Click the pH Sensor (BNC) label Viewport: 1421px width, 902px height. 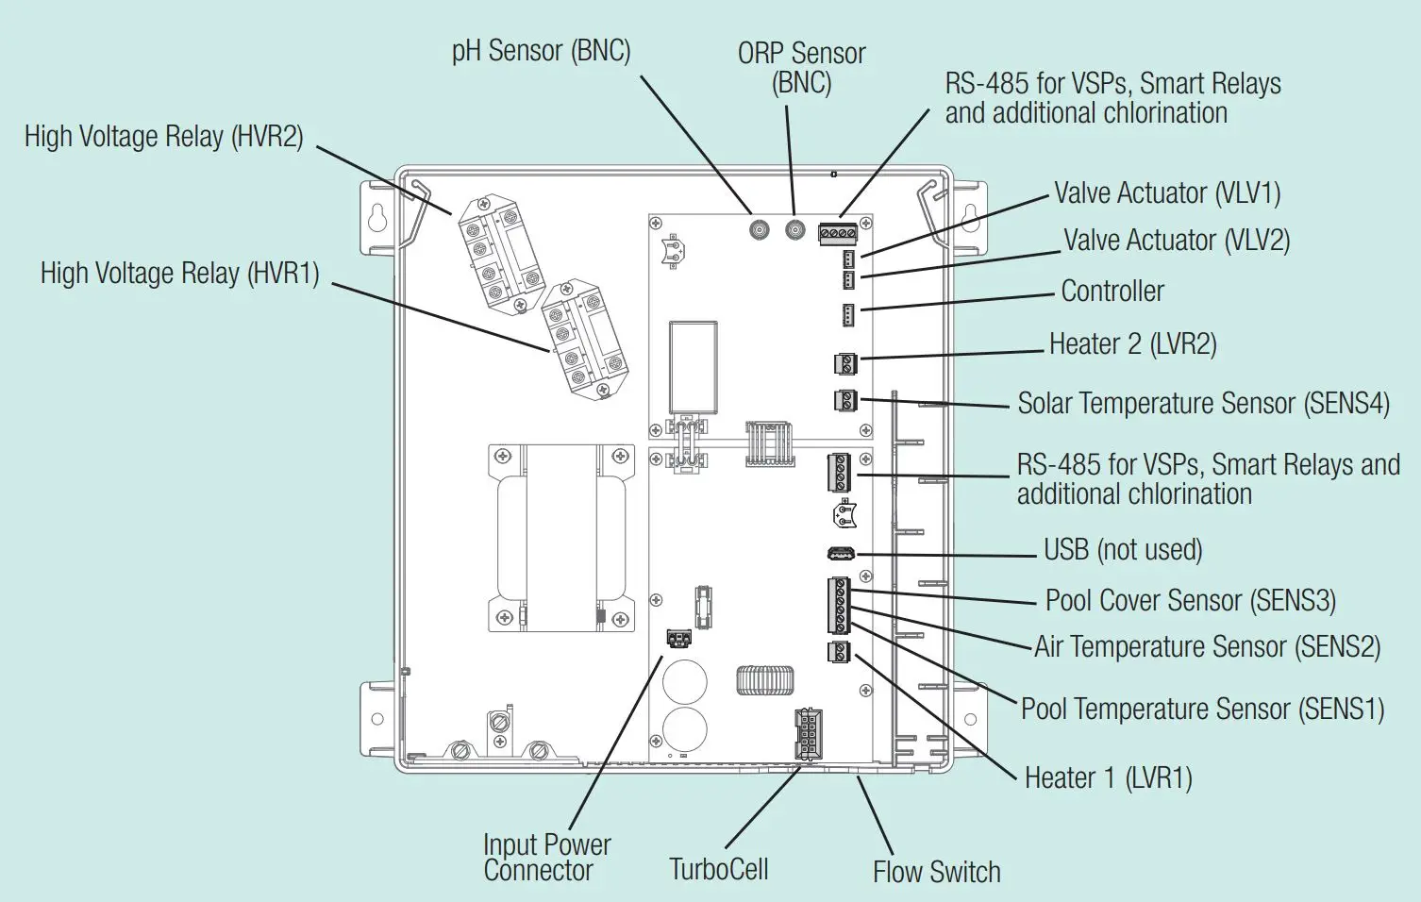[x=541, y=50]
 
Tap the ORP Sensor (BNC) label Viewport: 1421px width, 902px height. [x=801, y=68]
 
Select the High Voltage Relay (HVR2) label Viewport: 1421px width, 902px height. [x=164, y=137]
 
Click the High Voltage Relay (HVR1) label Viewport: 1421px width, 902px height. [x=179, y=274]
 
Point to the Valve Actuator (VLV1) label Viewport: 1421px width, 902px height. [x=1167, y=193]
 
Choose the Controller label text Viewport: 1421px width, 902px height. [x=1112, y=292]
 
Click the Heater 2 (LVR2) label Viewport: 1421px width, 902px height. [x=1132, y=344]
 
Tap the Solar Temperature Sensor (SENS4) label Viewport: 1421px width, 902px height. [x=1203, y=404]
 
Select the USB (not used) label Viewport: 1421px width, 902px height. [x=1123, y=550]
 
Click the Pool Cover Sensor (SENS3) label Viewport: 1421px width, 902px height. [x=1190, y=601]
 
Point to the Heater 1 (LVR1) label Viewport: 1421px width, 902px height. [x=1109, y=778]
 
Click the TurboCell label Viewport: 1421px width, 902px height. [x=719, y=869]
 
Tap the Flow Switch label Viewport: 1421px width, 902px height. [x=936, y=872]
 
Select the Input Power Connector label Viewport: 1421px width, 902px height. [x=546, y=857]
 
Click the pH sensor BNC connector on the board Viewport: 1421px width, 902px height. [x=758, y=229]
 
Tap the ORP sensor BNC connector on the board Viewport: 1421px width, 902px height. [x=795, y=229]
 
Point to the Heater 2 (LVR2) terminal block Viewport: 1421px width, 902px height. [x=844, y=362]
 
